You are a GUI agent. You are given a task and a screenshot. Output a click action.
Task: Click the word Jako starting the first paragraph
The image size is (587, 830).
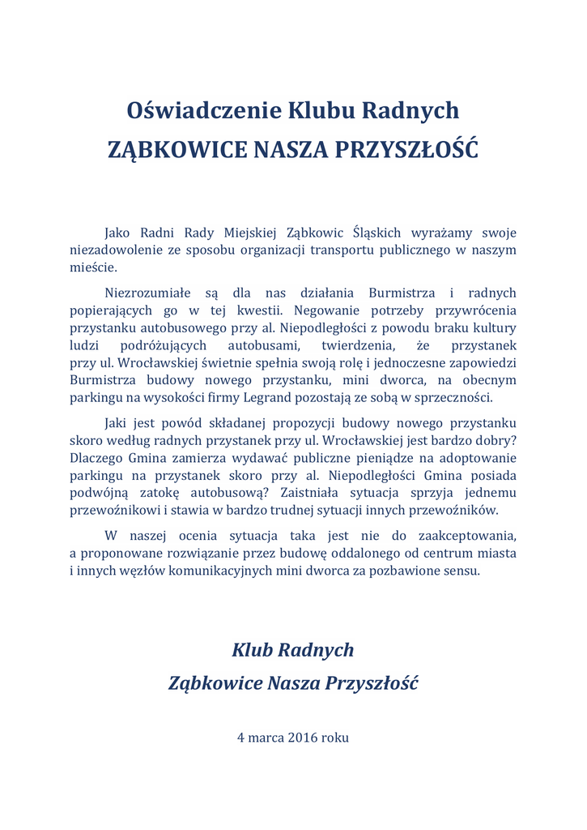click(x=120, y=233)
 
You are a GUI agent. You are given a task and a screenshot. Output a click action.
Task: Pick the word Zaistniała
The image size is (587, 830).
click(x=317, y=493)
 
